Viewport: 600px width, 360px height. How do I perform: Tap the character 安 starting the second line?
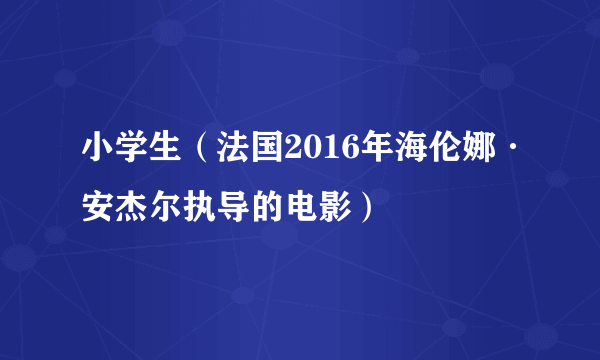click(98, 208)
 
